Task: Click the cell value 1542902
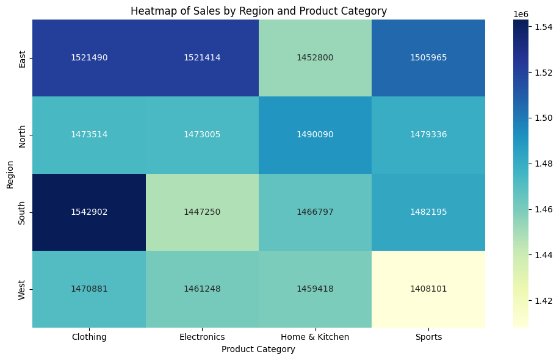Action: (89, 212)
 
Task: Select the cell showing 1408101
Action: (428, 289)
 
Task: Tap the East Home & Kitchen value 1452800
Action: (316, 57)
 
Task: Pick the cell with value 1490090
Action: (316, 134)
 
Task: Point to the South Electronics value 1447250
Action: (202, 212)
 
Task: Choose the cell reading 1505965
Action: (428, 57)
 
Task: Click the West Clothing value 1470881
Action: (89, 289)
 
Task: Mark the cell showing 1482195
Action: (428, 212)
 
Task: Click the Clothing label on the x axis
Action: (89, 337)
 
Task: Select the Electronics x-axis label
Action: (202, 337)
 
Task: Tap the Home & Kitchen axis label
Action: (316, 337)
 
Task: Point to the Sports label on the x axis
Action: (428, 337)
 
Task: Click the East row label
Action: (23, 58)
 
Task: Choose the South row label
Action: (23, 212)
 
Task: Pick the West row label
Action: (23, 289)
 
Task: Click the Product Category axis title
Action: (258, 349)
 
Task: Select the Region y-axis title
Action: (10, 174)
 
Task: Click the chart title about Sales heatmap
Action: (258, 11)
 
